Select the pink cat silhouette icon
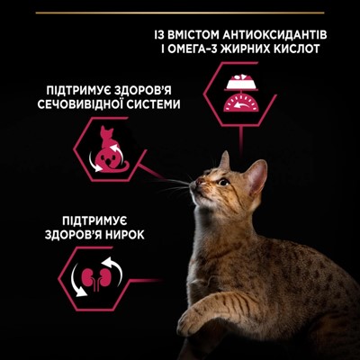[x=111, y=149]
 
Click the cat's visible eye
[x=223, y=182]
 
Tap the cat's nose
[x=192, y=184]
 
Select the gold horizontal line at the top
[x=180, y=13]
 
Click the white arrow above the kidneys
[x=113, y=268]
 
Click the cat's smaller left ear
[x=224, y=161]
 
